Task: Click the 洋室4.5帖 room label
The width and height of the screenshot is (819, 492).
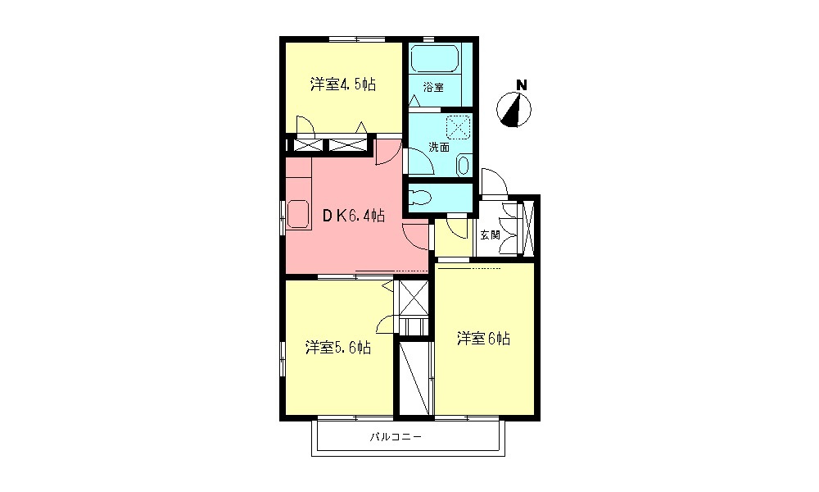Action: [343, 84]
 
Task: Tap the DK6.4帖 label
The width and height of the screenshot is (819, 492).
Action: [353, 216]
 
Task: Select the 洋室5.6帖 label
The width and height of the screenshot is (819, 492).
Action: [338, 348]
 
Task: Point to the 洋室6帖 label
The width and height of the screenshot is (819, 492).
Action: [483, 339]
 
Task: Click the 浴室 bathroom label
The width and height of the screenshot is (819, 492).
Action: [433, 87]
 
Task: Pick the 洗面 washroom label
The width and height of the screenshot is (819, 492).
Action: [439, 148]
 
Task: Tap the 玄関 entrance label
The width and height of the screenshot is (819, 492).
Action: [489, 235]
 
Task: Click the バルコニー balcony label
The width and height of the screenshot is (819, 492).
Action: [396, 437]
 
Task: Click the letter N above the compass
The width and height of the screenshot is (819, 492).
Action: [521, 84]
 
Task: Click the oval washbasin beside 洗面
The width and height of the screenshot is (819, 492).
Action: [463, 165]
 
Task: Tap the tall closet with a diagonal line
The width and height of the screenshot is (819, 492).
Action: [415, 377]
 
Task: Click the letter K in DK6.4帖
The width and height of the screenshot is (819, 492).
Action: [339, 216]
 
